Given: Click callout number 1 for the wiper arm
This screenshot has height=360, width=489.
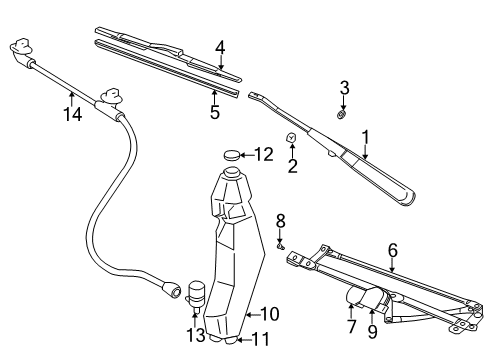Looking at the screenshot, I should pos(365,136).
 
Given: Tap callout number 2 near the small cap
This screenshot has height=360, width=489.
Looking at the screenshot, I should pos(292,165).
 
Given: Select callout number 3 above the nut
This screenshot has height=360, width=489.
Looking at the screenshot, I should pos(344,89).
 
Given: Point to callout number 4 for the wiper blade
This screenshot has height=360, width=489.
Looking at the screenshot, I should pos(220,46).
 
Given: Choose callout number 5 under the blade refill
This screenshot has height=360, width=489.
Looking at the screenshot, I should pos(215,113).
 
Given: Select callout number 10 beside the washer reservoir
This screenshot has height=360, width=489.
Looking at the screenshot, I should pos(268,314).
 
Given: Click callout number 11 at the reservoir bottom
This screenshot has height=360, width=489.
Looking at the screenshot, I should pos(262,340).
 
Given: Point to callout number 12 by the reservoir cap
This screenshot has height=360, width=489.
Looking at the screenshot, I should pos(263,154).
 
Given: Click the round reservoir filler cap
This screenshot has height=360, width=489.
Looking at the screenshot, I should pos(234,155).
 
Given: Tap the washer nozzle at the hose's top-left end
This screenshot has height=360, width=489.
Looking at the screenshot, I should pos(20,48).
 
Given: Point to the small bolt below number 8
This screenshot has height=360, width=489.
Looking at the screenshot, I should pos(281,243).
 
